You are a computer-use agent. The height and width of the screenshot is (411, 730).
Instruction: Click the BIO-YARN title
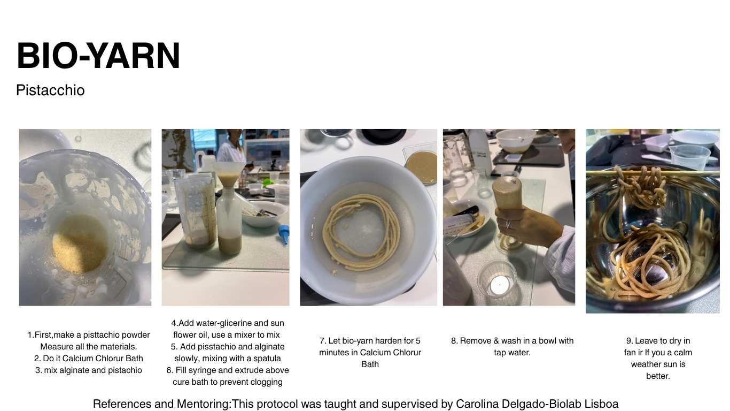[x=98, y=56]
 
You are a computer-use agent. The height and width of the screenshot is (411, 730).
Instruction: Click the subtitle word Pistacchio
[x=50, y=90]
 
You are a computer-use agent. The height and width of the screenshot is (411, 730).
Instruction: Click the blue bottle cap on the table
[x=284, y=234]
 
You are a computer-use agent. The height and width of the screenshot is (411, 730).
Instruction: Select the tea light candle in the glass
[x=499, y=285]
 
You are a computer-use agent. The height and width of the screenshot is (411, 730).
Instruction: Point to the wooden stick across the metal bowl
[x=653, y=173]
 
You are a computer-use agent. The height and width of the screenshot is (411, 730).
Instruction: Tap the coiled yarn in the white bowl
[x=361, y=231]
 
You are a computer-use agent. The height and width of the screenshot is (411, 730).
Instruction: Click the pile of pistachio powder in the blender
[x=80, y=243]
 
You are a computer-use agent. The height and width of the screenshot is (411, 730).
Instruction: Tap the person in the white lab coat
[x=231, y=147]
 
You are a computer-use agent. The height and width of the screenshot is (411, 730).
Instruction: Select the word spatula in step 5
[x=267, y=359]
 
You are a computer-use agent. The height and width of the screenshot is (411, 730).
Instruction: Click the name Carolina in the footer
[x=477, y=404]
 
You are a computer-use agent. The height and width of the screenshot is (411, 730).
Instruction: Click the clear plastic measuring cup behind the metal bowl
[x=690, y=157]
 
